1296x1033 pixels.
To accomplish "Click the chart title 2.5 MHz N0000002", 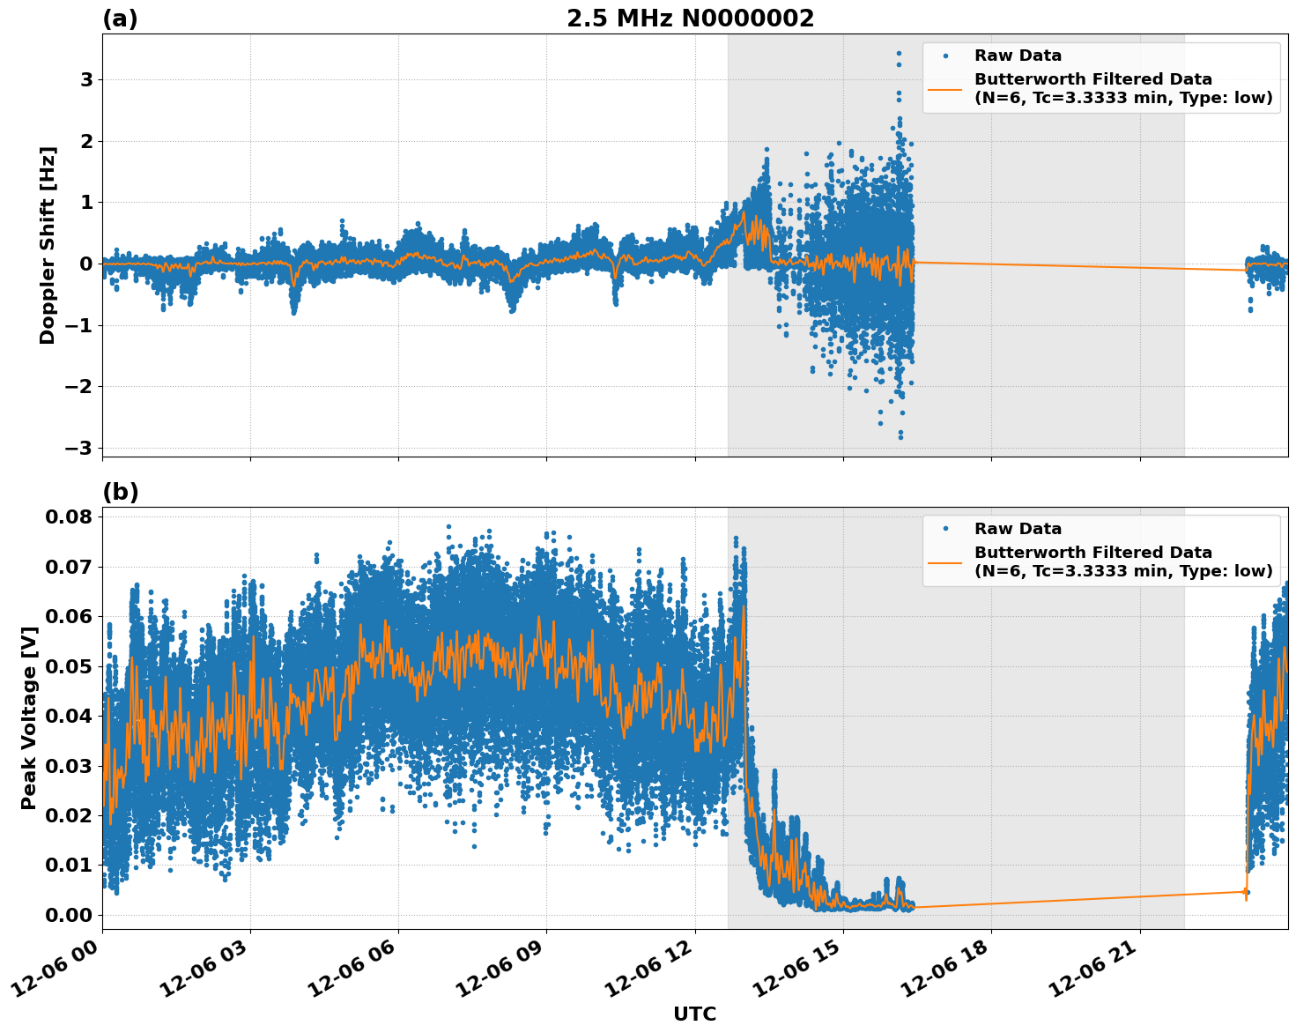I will (x=690, y=19).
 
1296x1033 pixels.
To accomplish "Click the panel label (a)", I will (x=120, y=19).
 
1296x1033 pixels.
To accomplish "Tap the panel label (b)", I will (x=120, y=492).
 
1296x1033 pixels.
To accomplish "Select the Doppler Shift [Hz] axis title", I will (x=48, y=245).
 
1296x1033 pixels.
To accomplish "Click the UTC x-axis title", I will (x=694, y=1014).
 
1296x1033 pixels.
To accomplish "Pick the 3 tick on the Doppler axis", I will (x=86, y=80).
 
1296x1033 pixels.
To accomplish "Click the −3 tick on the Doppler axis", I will (x=79, y=448).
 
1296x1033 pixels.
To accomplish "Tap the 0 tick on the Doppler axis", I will (x=86, y=264).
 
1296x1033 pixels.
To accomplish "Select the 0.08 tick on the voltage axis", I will (x=69, y=516).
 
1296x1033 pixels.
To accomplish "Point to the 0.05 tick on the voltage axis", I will (x=69, y=665).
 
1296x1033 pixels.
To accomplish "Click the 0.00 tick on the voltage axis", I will (x=69, y=915).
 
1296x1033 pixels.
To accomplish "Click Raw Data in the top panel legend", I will (x=1018, y=56).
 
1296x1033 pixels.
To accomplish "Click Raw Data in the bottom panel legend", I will (x=1018, y=529).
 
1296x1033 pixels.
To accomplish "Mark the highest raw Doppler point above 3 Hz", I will (x=899, y=54).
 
